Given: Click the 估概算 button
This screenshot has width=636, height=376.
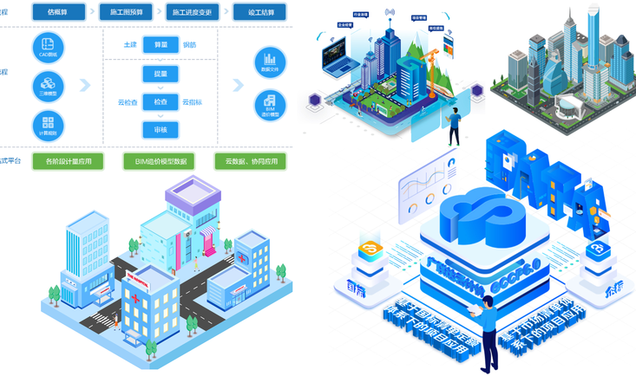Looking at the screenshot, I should click(x=59, y=12).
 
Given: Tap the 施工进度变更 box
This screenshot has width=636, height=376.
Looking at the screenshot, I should click(x=191, y=12).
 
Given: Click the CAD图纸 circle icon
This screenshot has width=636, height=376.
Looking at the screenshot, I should click(x=48, y=48).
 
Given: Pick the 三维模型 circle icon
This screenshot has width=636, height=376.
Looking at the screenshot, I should click(x=48, y=86).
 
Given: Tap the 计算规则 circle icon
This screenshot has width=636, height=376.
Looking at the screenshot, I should click(x=48, y=125).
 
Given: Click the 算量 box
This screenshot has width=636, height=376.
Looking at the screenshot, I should click(x=161, y=45).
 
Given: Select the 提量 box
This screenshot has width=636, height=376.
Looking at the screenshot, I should click(x=161, y=75).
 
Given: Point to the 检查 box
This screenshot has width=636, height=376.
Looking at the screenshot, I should click(x=161, y=102).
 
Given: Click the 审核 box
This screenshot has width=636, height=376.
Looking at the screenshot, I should click(x=161, y=130).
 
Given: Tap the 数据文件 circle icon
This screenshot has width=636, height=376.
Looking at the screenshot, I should click(x=270, y=62).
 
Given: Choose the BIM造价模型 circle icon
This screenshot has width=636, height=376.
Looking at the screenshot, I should click(x=270, y=106).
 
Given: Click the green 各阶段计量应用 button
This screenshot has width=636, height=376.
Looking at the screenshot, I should click(x=68, y=161).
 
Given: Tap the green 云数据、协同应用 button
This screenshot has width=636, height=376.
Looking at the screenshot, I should click(x=251, y=161).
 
